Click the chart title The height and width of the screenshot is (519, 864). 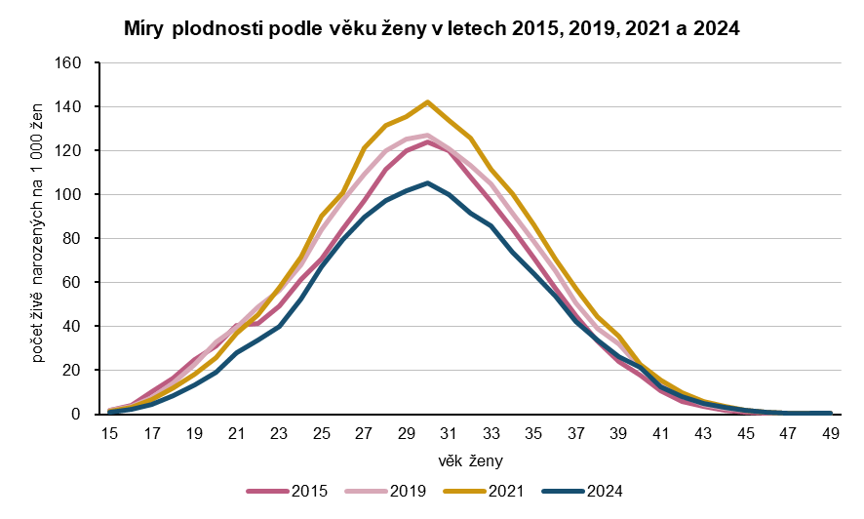[x=432, y=28]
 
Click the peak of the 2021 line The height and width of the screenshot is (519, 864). [x=427, y=101]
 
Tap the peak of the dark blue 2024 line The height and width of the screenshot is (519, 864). [x=427, y=182]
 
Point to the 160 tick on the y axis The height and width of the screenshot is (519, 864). [x=78, y=62]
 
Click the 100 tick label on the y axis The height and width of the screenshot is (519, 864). [x=78, y=194]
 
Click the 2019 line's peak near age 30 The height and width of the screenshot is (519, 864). [x=427, y=135]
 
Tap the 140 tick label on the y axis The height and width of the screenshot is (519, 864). [x=78, y=106]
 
